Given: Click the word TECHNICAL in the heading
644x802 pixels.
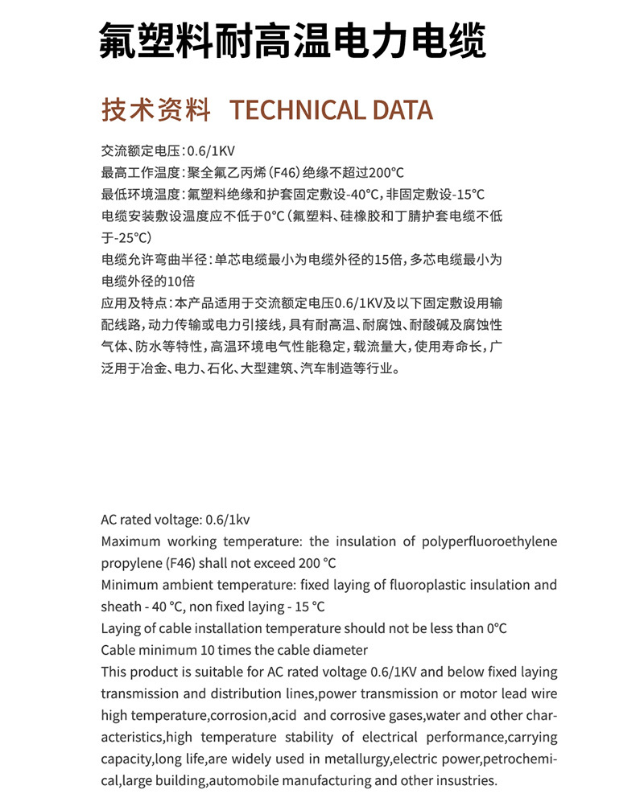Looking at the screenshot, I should point(286,110).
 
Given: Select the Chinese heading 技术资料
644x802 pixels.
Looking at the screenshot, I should point(156,110).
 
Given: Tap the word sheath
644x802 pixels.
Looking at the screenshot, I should point(120,607).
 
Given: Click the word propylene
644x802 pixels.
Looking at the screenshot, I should point(130,563).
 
